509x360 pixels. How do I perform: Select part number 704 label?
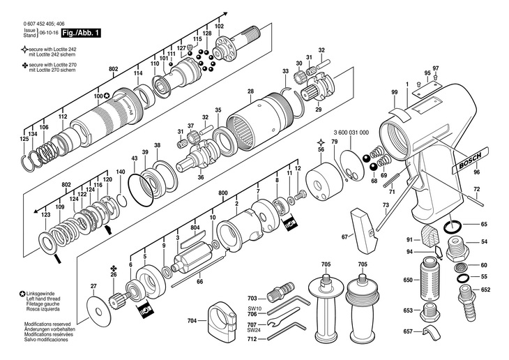click(x=192, y=321)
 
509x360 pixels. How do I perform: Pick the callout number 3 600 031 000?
click(x=351, y=133)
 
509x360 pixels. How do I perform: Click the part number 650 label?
click(x=408, y=280)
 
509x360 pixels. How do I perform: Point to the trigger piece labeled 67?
click(x=364, y=232)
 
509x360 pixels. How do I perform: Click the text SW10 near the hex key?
click(x=252, y=308)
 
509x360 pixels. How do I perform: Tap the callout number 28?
click(x=250, y=91)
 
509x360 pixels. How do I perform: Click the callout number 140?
click(x=121, y=172)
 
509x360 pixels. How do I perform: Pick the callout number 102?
click(x=220, y=26)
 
